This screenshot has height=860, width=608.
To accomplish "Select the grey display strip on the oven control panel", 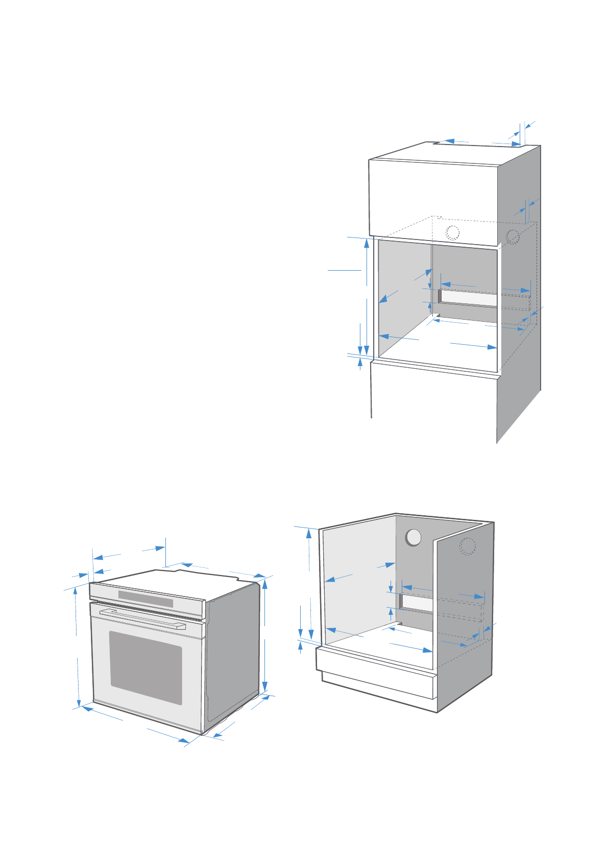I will coord(145,599).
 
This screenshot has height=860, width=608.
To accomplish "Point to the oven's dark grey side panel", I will coord(232,654).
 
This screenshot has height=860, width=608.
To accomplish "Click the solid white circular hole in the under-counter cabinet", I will coord(413,537).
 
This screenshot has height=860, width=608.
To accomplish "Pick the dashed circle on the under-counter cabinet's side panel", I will coord(467,546).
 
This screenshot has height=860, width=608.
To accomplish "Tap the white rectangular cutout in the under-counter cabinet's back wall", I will coord(417,604).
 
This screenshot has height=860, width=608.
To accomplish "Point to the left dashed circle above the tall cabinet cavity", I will coord(452,232).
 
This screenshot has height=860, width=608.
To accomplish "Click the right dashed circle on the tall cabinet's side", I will coord(513,237).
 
